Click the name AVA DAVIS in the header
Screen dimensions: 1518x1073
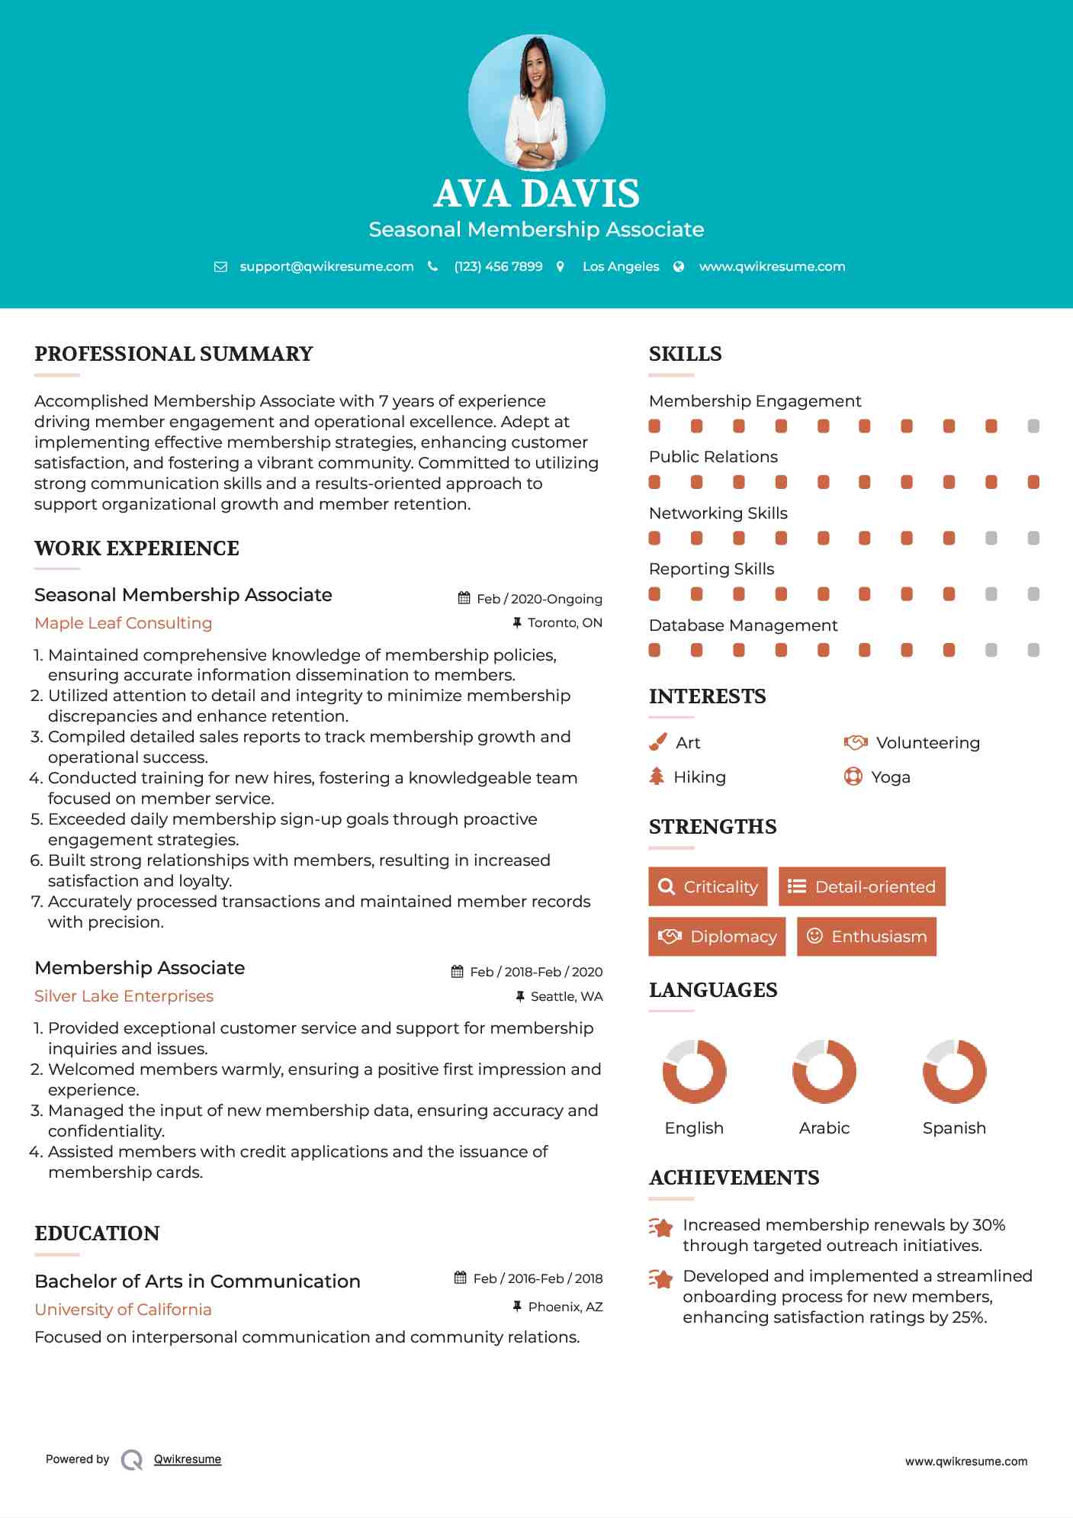tap(536, 194)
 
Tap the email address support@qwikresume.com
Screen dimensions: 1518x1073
tap(326, 266)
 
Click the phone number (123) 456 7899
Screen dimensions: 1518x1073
tap(498, 266)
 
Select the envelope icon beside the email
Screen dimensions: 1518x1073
tap(220, 267)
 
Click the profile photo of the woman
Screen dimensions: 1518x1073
tap(536, 102)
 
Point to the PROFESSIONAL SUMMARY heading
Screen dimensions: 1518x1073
tap(174, 354)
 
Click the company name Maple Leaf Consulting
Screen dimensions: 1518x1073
tap(123, 623)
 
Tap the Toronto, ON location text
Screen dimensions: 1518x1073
tap(564, 622)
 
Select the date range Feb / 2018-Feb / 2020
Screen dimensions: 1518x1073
tap(535, 972)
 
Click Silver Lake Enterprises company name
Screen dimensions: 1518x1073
tap(124, 996)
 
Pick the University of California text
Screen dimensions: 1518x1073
tap(123, 1310)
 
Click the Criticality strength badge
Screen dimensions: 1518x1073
tap(708, 886)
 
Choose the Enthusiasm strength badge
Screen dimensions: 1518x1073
tap(866, 937)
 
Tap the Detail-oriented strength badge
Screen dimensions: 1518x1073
tap(862, 886)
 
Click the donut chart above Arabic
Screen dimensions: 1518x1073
tap(824, 1071)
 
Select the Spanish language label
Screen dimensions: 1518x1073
tap(954, 1128)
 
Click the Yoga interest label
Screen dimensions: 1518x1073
tap(891, 777)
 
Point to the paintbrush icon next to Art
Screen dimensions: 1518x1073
tap(657, 742)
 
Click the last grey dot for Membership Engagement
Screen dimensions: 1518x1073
tap(1033, 426)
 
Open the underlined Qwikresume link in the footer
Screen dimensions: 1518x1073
tap(188, 1459)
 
